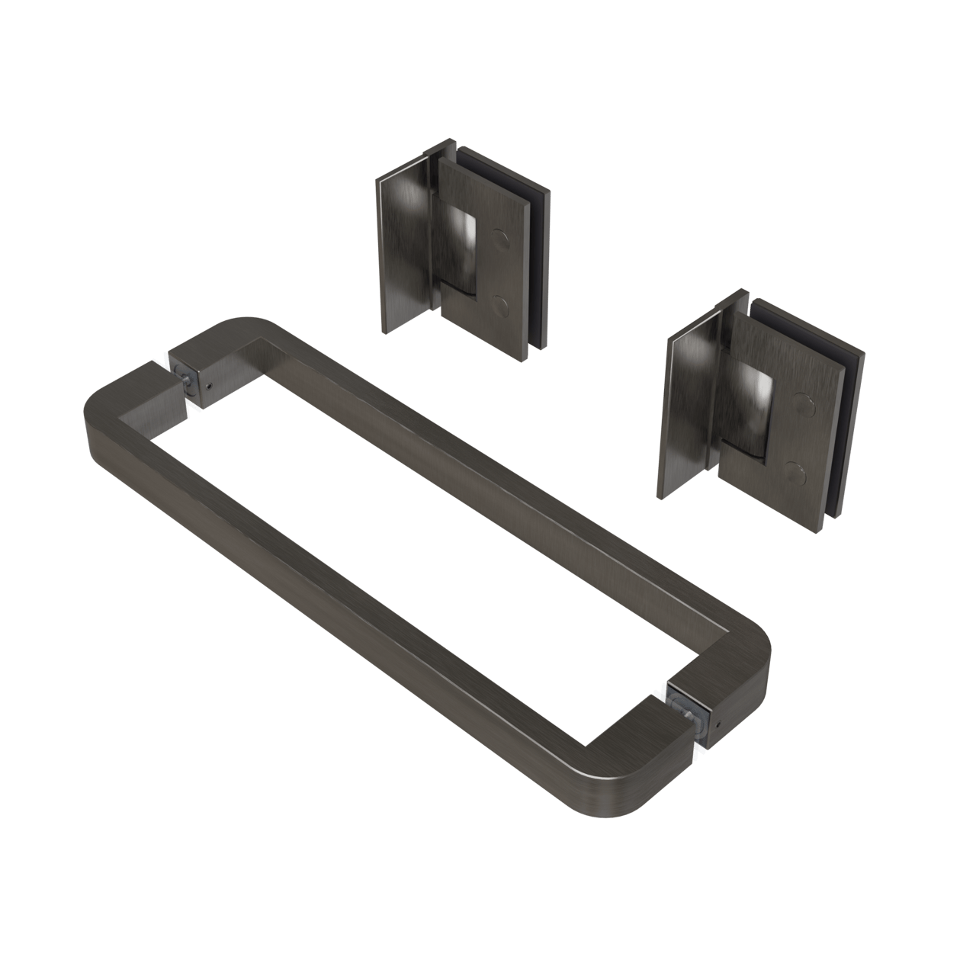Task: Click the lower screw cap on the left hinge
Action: coord(501,307)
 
